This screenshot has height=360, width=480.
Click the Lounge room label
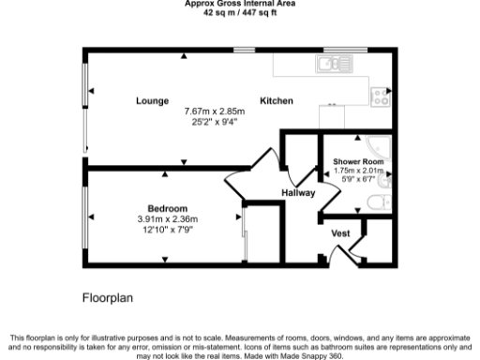pos(151,100)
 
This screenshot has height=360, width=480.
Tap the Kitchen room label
pos(277,100)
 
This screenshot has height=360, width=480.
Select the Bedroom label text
pos(168,208)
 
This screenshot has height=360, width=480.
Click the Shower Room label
pos(359,161)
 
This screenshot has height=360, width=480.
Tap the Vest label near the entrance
pos(340,232)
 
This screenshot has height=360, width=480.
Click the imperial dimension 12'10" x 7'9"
pos(168,230)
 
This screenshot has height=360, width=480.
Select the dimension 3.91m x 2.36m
pos(168,219)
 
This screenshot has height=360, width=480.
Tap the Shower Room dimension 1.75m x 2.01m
pos(359,171)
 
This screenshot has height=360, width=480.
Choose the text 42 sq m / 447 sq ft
pos(239,11)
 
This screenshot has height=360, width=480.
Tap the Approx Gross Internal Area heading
pos(239,3)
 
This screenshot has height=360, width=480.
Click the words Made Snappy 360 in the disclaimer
pos(318,356)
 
